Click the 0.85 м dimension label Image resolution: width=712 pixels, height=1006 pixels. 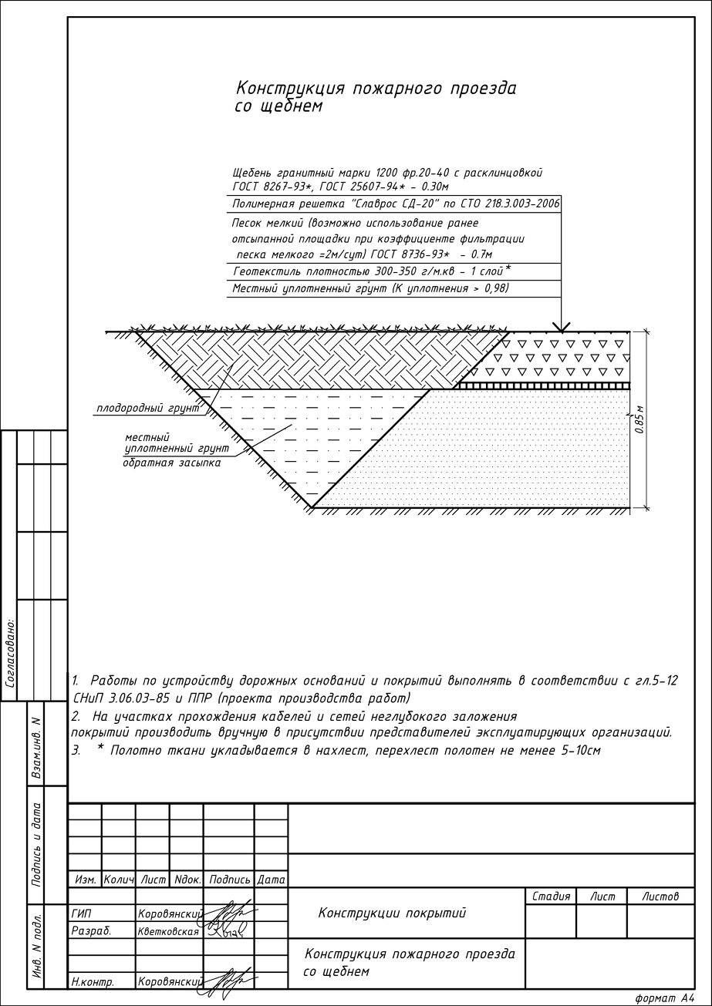tap(639, 419)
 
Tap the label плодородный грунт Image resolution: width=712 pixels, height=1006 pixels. tap(147, 409)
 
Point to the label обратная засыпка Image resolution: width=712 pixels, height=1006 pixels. tap(171, 463)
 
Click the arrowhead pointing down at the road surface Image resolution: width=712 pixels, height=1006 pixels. tap(562, 327)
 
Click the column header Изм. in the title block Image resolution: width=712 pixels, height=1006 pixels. tap(85, 879)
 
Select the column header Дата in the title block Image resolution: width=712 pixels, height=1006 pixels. tap(271, 879)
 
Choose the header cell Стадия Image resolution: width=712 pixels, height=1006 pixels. tap(551, 897)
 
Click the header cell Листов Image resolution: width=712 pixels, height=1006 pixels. tap(660, 897)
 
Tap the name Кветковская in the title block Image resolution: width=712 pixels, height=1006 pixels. tap(168, 931)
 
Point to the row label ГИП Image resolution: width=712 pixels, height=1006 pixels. tap(81, 913)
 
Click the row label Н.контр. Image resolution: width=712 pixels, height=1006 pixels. tap(93, 982)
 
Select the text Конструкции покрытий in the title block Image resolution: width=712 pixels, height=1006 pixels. tap(392, 913)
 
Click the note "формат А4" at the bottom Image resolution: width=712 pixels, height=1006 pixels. tap(664, 998)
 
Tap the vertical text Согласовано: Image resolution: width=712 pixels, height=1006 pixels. tap(10, 651)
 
